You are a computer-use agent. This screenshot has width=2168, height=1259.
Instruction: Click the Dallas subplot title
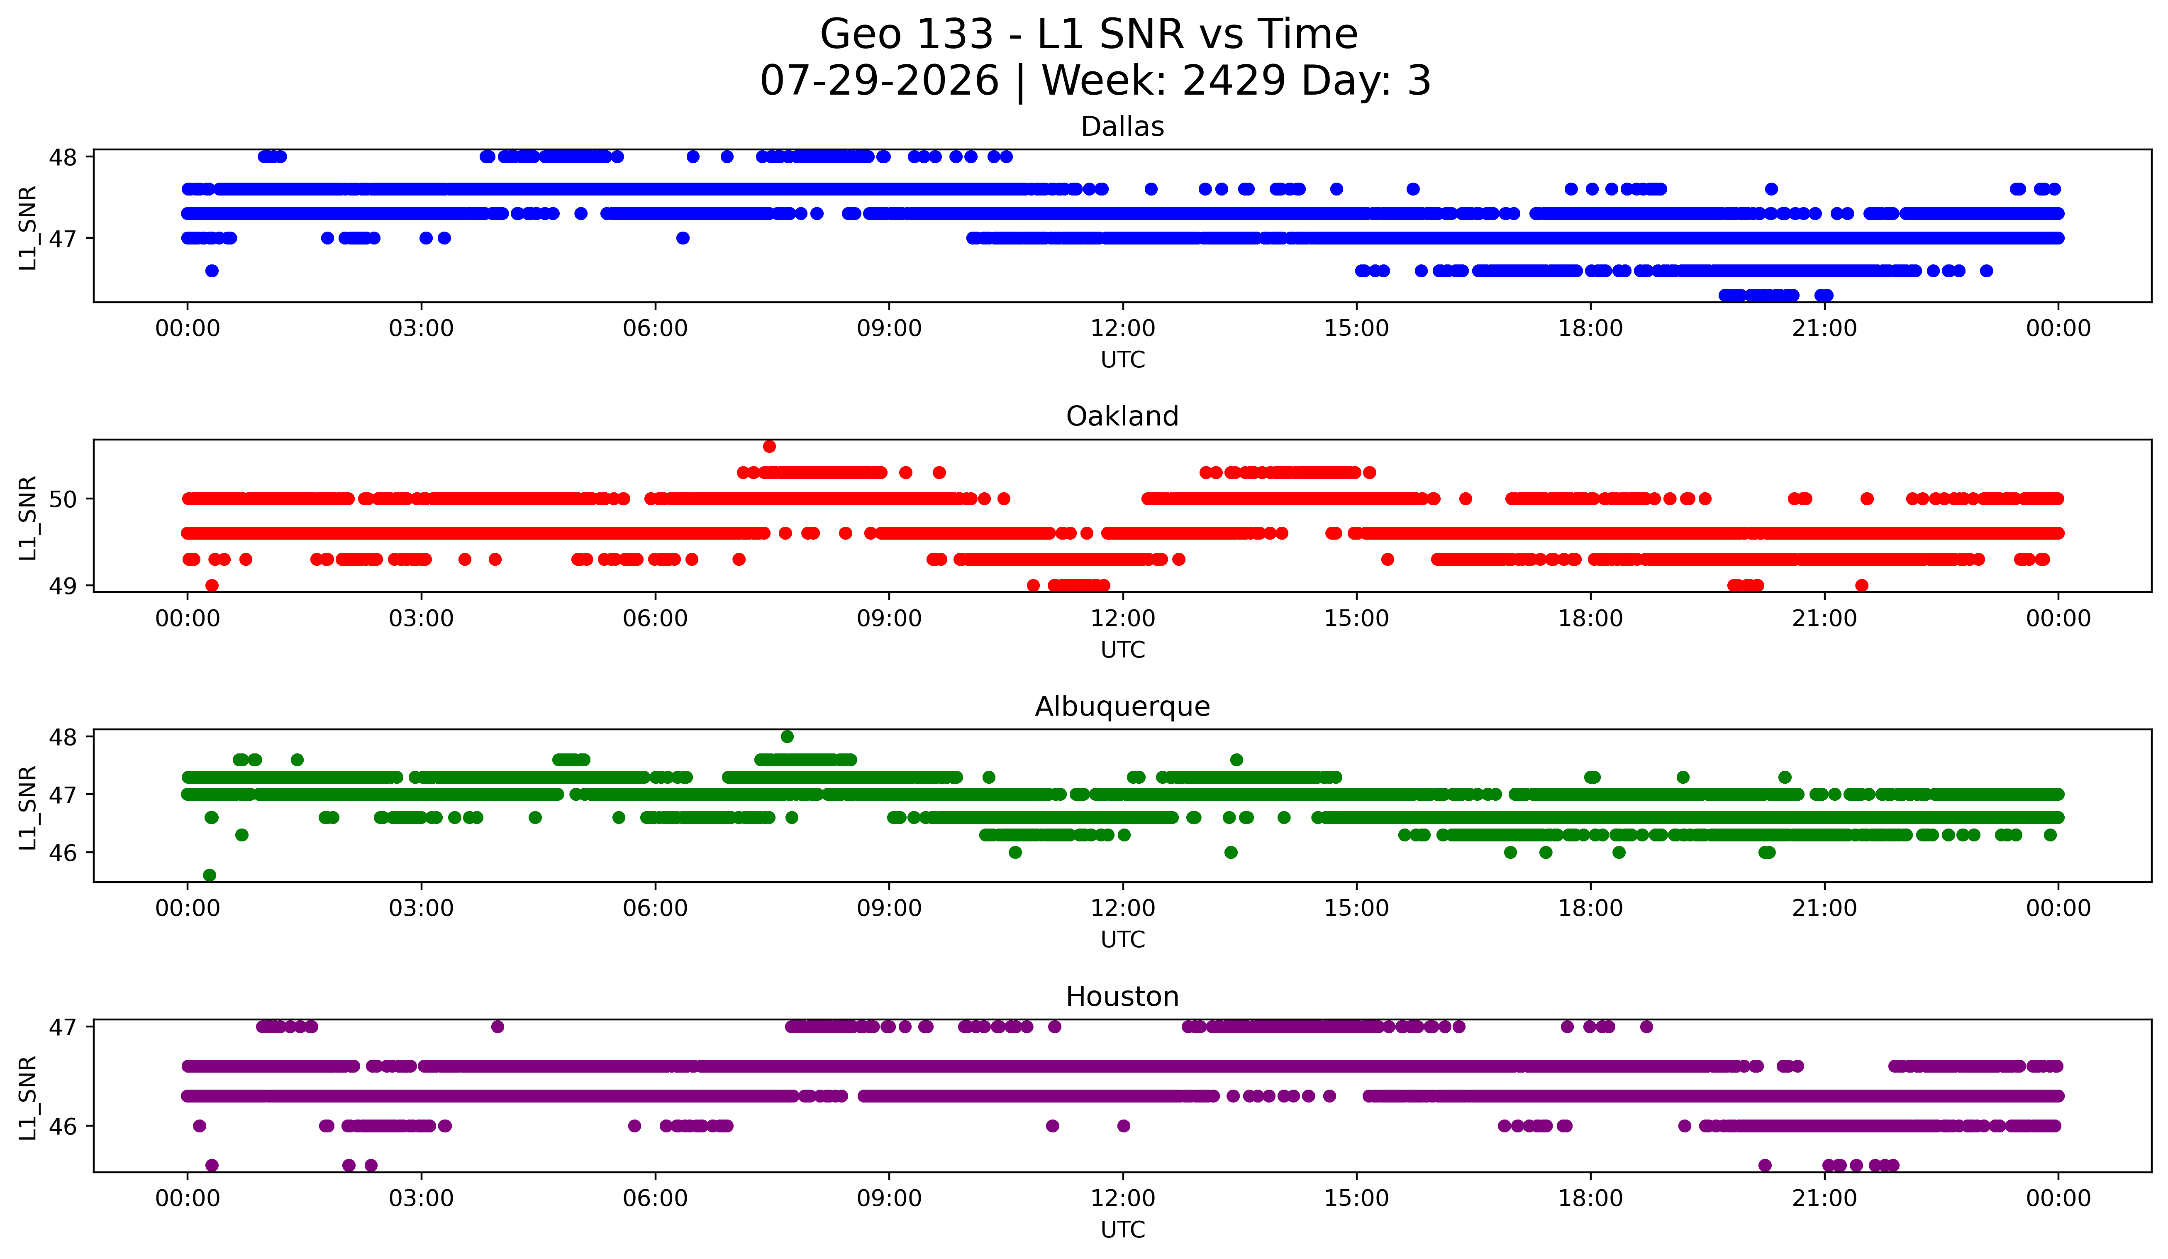point(1122,127)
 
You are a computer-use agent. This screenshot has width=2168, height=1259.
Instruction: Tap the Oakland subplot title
point(1122,416)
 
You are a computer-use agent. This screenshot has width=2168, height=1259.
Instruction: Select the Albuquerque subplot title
point(1122,707)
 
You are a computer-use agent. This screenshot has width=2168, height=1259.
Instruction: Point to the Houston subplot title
point(1122,997)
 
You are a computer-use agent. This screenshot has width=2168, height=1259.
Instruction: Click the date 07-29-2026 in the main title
point(879,81)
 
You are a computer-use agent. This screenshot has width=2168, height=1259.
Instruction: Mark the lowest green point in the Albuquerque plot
point(209,875)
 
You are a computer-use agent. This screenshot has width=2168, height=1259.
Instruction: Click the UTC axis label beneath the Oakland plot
point(1123,650)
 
